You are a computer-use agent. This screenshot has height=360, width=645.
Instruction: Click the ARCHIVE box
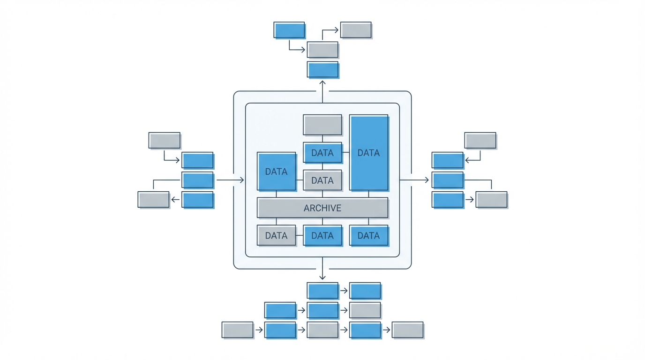pyautogui.click(x=322, y=208)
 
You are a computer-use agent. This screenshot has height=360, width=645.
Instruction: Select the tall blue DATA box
pyautogui.click(x=369, y=153)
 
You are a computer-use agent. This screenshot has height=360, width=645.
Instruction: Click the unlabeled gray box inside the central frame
pyautogui.click(x=322, y=125)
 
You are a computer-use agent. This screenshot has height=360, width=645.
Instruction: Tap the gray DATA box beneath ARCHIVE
pyautogui.click(x=276, y=235)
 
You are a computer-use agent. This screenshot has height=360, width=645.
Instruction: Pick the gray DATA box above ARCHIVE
pyautogui.click(x=322, y=180)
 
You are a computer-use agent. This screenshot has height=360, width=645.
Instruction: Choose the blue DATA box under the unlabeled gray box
pyautogui.click(x=322, y=153)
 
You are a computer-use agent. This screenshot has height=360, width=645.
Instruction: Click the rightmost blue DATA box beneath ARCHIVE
pyautogui.click(x=369, y=235)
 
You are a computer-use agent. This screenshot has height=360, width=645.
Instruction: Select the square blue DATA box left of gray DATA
pyautogui.click(x=276, y=172)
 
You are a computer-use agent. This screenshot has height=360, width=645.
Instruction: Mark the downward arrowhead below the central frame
pyautogui.click(x=322, y=277)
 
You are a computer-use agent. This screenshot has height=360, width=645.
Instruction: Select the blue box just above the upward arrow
pyautogui.click(x=322, y=70)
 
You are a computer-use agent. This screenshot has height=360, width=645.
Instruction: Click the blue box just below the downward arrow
pyautogui.click(x=322, y=291)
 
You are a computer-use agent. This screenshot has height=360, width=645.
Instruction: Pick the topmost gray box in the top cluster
pyautogui.click(x=356, y=30)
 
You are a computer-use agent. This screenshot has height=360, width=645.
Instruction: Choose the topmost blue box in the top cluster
pyautogui.click(x=289, y=30)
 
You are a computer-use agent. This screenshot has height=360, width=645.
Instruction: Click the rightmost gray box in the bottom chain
pyautogui.click(x=407, y=330)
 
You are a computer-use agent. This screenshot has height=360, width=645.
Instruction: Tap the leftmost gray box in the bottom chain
pyautogui.click(x=237, y=330)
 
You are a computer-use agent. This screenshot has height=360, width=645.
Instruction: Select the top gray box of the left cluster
pyautogui.click(x=164, y=141)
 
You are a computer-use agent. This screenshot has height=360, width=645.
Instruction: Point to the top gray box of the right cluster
pyautogui.click(x=480, y=141)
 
